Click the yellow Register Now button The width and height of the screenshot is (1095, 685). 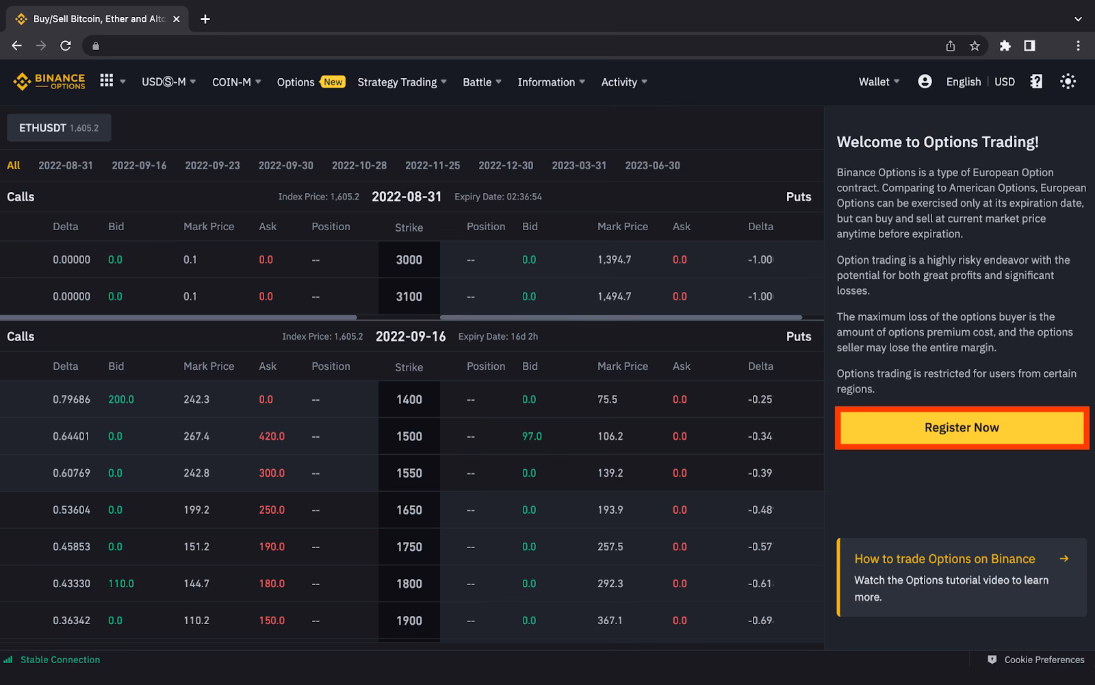pyautogui.click(x=962, y=427)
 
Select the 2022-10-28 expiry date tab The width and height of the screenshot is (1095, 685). pyautogui.click(x=359, y=165)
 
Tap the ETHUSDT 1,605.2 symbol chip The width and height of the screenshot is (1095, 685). pyautogui.click(x=59, y=128)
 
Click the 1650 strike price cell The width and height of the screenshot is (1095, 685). pyautogui.click(x=409, y=510)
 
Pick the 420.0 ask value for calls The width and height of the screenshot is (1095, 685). pyautogui.click(x=272, y=436)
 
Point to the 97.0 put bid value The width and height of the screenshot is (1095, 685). pyautogui.click(x=532, y=436)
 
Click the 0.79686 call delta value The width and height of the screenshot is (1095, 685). pyautogui.click(x=71, y=399)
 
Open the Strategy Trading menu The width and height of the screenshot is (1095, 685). pyautogui.click(x=402, y=82)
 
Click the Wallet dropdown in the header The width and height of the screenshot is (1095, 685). pyautogui.click(x=879, y=82)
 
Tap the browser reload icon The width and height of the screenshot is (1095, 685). pyautogui.click(x=66, y=46)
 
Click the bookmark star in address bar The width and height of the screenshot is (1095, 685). pyautogui.click(x=975, y=46)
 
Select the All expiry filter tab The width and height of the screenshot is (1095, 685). pyautogui.click(x=13, y=165)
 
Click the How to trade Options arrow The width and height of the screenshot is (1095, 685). pyautogui.click(x=1064, y=558)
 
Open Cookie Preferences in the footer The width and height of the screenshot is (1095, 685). pyautogui.click(x=1044, y=660)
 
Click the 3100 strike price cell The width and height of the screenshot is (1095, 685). pyautogui.click(x=409, y=297)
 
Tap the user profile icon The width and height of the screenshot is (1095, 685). pyautogui.click(x=925, y=82)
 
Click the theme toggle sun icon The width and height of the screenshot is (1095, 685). pyautogui.click(x=1068, y=82)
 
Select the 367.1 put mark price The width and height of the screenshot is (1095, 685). pyautogui.click(x=610, y=621)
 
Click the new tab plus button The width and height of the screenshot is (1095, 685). pyautogui.click(x=205, y=19)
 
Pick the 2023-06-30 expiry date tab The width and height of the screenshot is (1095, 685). pyautogui.click(x=652, y=165)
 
